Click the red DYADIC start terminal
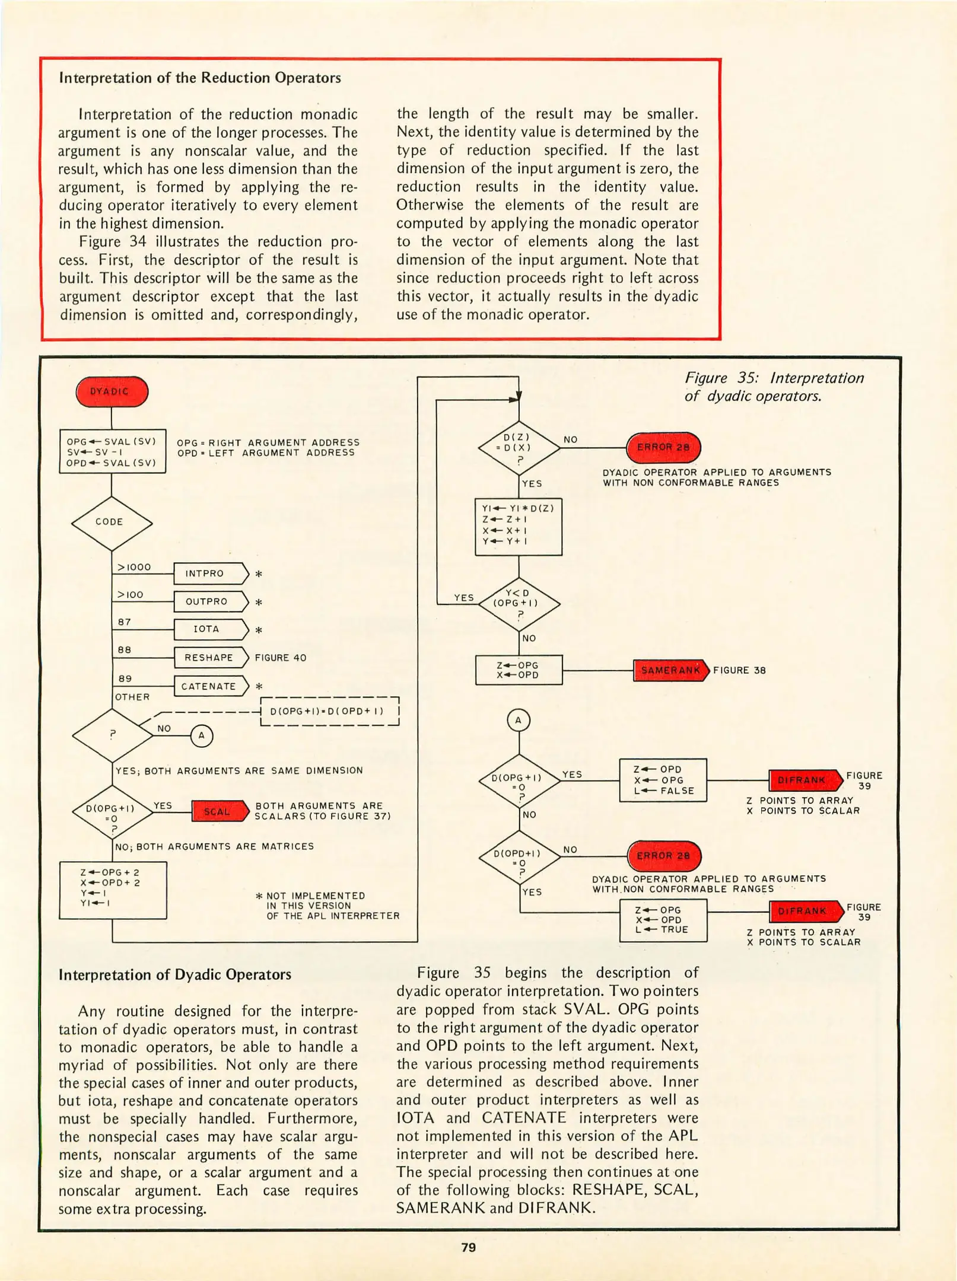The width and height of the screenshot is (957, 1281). (x=112, y=391)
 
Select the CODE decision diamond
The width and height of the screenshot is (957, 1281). (x=112, y=522)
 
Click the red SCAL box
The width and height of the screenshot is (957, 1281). (x=218, y=811)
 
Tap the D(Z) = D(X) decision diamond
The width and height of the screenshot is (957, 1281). (x=519, y=448)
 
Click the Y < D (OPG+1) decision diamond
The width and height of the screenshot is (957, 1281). (x=519, y=603)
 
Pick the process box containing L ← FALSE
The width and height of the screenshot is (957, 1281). (x=663, y=780)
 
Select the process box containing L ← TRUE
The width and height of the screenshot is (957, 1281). (x=663, y=920)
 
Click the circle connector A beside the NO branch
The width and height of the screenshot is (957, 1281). (x=201, y=736)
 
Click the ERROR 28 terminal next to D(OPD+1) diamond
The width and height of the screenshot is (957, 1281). (x=664, y=856)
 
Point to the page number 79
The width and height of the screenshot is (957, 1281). (x=469, y=1247)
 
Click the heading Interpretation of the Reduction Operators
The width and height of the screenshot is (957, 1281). (x=200, y=78)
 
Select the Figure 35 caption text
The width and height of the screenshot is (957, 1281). (x=774, y=387)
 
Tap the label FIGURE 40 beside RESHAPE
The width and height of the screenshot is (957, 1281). (x=281, y=658)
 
